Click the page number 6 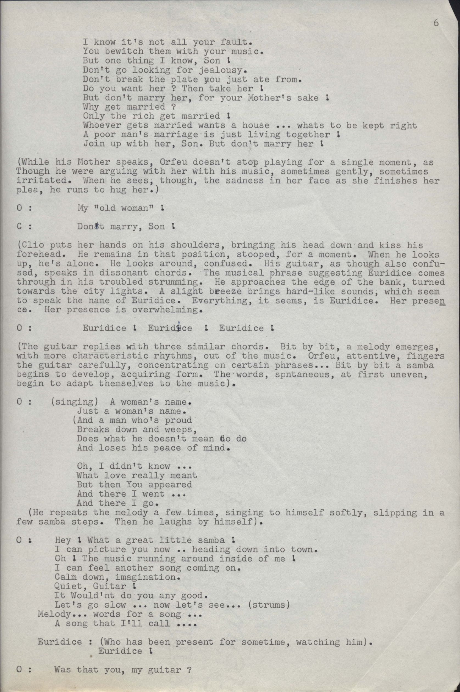coord(436,23)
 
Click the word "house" coord(255,126)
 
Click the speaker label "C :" coord(24,227)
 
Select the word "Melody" coord(54,614)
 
